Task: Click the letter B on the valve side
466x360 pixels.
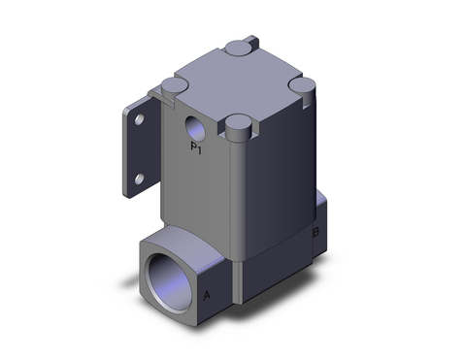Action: [316, 233]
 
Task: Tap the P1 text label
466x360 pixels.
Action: [196, 148]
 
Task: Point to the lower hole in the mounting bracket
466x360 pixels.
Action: [142, 178]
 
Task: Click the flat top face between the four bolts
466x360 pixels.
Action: [238, 85]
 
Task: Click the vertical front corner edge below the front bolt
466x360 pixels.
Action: [237, 194]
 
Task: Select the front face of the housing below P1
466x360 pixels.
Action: [199, 194]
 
